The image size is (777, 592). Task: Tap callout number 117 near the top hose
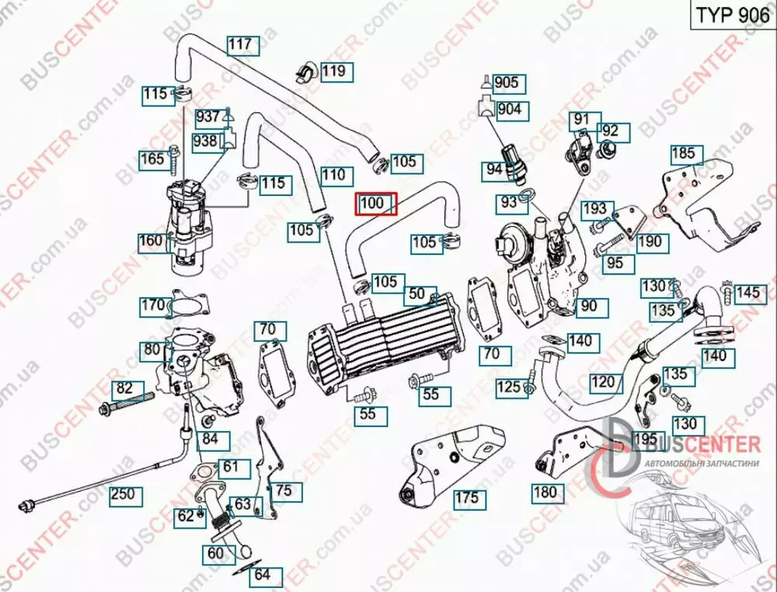[x=242, y=45]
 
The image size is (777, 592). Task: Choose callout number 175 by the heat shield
[x=465, y=498]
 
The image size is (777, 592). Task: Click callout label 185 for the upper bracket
[x=683, y=153]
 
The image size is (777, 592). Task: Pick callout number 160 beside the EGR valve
[x=152, y=241]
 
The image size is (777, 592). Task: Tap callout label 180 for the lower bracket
[x=545, y=492]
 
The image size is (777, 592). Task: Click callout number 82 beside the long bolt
[x=124, y=388]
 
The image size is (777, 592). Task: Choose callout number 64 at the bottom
[x=263, y=576]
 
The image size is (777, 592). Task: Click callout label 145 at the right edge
[x=747, y=292]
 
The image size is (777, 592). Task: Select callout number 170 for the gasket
[x=152, y=304]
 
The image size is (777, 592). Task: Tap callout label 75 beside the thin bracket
[x=284, y=490]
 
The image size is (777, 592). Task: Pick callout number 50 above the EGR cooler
[x=417, y=293]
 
